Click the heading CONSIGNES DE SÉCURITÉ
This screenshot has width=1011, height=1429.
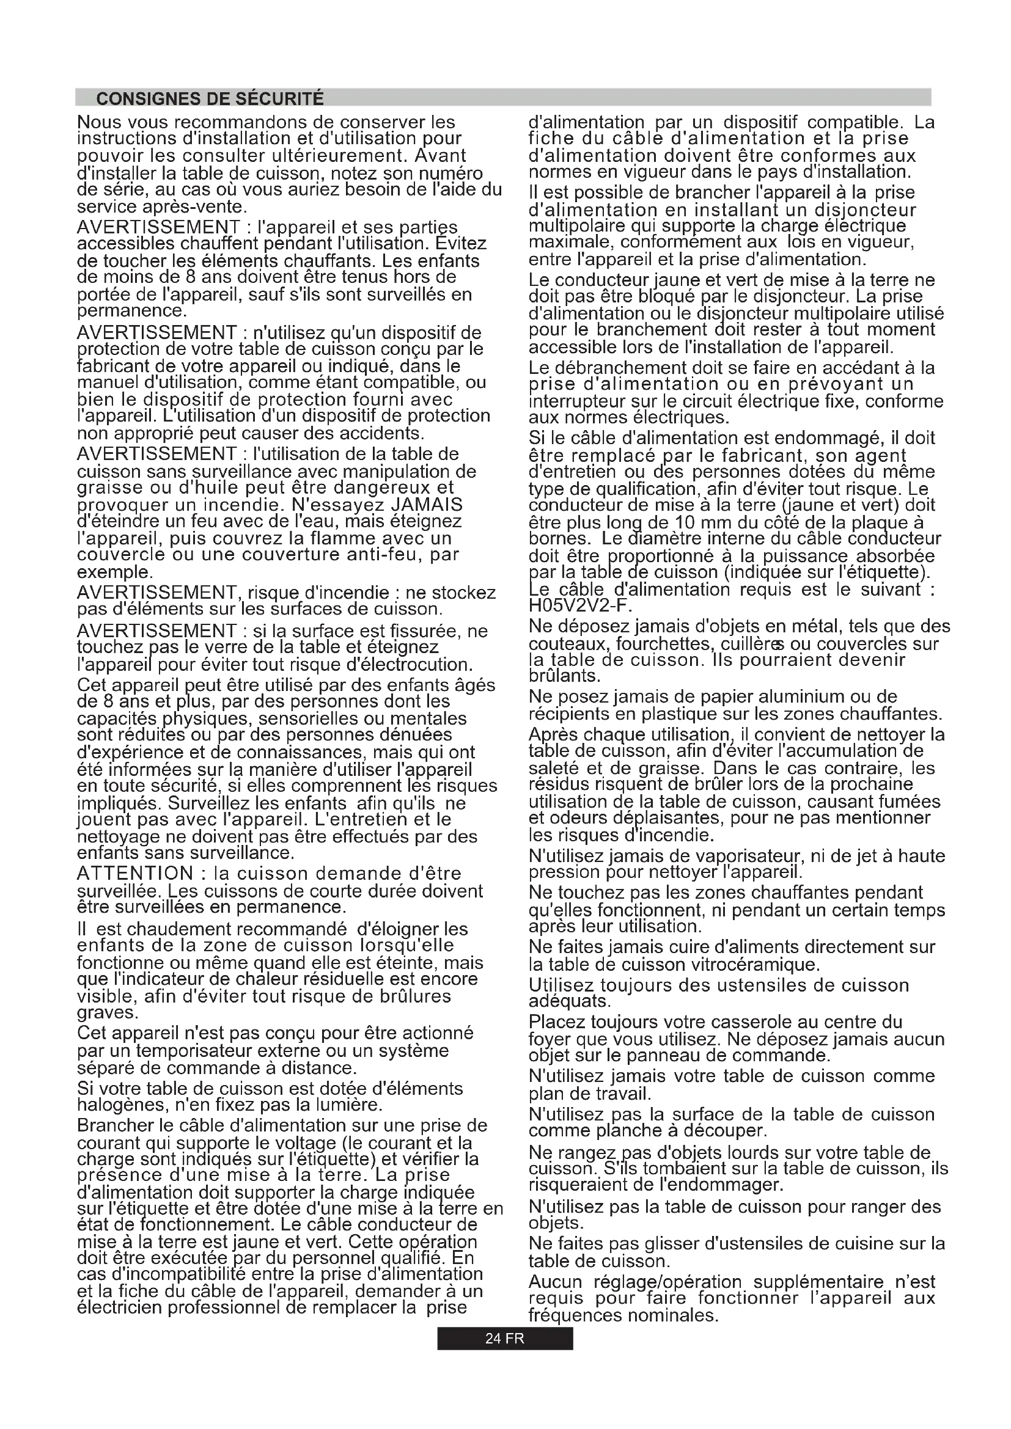pyautogui.click(x=210, y=99)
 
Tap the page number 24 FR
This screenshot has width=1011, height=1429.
pyautogui.click(x=504, y=1339)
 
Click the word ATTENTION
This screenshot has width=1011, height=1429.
pyautogui.click(x=135, y=874)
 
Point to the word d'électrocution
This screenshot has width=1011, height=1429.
pyautogui.click(x=409, y=665)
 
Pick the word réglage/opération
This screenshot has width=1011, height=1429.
pyautogui.click(x=668, y=1282)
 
